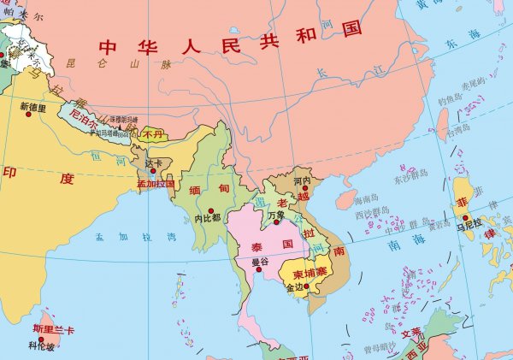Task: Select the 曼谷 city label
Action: [260, 263]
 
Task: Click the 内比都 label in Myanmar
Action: [208, 218]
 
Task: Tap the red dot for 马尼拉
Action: [466, 216]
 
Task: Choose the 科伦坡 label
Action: [41, 346]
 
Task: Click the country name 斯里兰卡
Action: [54, 329]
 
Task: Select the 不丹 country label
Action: [153, 134]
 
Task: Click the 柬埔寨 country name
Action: [310, 274]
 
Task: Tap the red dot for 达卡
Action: [153, 170]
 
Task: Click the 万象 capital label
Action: [274, 215]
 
